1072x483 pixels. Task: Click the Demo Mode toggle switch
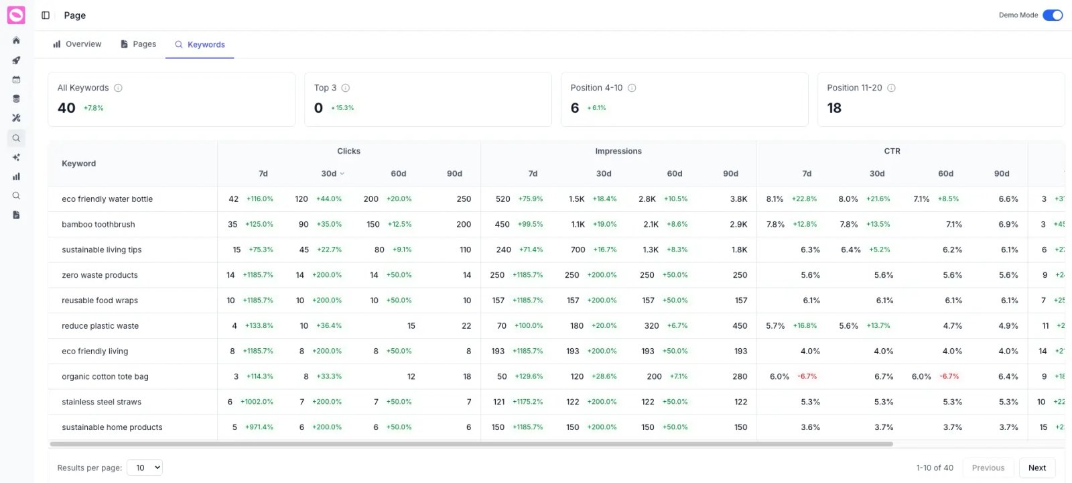(1052, 15)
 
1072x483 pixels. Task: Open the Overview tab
(77, 44)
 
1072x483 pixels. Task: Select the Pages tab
(138, 44)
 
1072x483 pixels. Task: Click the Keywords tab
(200, 44)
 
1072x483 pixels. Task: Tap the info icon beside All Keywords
(118, 88)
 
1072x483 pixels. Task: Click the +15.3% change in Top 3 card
(342, 108)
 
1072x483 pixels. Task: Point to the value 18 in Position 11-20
(834, 108)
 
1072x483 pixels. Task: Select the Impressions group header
(618, 151)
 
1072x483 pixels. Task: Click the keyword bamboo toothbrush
(98, 224)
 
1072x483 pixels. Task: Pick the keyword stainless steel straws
(101, 402)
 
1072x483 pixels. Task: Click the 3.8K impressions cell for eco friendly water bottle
(738, 199)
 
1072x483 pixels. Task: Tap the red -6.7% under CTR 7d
(807, 376)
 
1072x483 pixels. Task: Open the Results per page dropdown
(145, 468)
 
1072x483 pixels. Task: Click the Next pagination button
(1036, 468)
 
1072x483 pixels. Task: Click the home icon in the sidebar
(16, 40)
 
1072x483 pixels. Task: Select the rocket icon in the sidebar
(16, 60)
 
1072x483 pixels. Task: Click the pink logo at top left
(16, 15)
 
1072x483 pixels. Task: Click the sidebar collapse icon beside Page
(46, 15)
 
